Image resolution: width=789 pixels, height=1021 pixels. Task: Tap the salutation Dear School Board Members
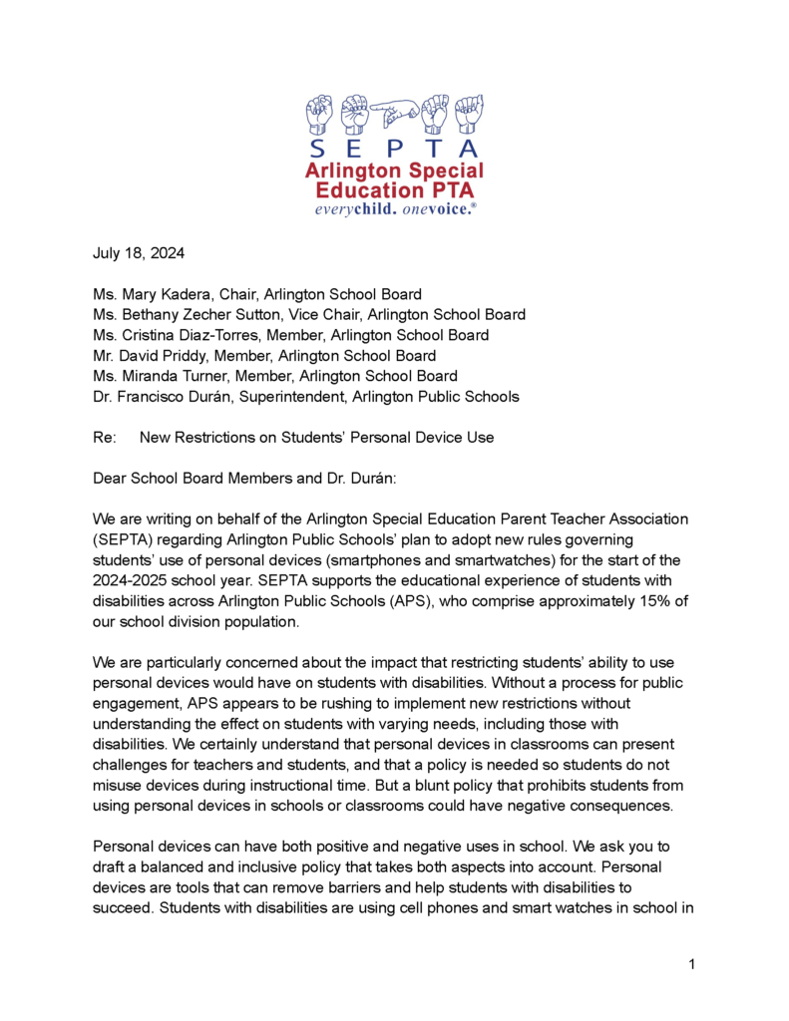[x=200, y=479]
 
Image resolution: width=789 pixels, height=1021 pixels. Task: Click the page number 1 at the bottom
[x=690, y=963]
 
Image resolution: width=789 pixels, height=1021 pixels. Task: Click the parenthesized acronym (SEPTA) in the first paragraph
[x=125, y=540]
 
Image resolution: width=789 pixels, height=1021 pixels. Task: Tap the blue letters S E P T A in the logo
[x=396, y=148]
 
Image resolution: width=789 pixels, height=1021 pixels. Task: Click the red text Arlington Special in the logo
[x=395, y=170]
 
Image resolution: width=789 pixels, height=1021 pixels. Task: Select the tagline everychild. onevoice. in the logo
[x=395, y=209]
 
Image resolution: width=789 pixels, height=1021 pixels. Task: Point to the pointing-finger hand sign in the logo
[x=396, y=112]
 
